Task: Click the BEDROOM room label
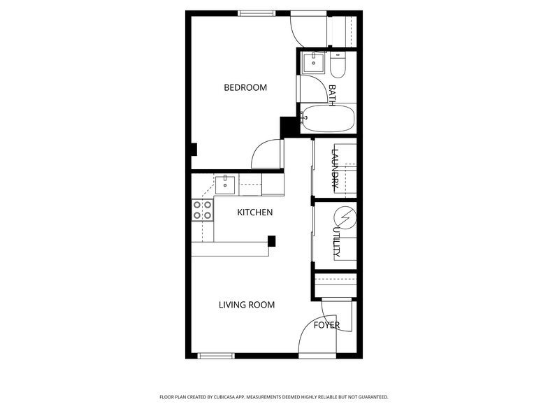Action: (245, 87)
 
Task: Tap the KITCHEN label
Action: (254, 212)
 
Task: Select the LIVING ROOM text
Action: (247, 305)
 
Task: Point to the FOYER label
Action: (326, 326)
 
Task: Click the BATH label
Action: (332, 95)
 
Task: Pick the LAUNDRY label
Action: (335, 169)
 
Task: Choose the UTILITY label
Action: (336, 242)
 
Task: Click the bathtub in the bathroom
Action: (329, 119)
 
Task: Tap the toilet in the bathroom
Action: (338, 65)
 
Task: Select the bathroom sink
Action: (313, 63)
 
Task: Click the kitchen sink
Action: (225, 185)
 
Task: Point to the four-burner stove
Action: (203, 210)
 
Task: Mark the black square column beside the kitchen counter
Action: (271, 241)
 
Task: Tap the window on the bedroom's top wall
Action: (257, 13)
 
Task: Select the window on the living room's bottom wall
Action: (216, 356)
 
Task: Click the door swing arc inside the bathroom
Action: (319, 84)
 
